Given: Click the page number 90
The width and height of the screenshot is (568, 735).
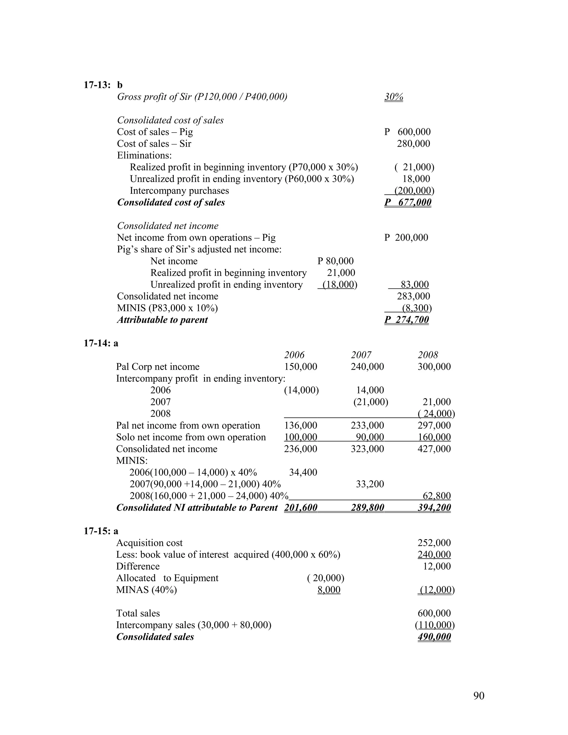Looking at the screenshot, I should tap(478, 695).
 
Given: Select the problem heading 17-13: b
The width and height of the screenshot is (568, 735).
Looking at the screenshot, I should tap(103, 85).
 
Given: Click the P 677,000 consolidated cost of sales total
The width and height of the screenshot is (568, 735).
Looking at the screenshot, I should tap(407, 202).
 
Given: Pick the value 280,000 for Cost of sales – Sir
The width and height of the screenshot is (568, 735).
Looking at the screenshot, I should tap(413, 144).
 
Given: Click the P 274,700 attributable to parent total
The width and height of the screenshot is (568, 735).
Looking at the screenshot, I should tap(407, 320).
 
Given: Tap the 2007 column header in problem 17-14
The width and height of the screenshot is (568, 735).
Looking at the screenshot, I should tap(361, 355).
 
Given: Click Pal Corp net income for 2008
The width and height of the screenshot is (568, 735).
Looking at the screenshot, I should tap(434, 366).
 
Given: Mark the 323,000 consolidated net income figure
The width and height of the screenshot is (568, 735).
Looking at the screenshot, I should tap(367, 448).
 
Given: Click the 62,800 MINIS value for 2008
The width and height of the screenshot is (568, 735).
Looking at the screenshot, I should tap(437, 496).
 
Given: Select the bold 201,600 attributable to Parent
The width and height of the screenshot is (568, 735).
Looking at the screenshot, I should tap(300, 508).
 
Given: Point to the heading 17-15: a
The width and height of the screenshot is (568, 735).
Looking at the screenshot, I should tap(101, 531).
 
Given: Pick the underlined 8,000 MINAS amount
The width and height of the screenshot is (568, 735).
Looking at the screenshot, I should tap(329, 590).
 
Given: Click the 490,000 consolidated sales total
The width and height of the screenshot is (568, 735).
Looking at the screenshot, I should tap(434, 637).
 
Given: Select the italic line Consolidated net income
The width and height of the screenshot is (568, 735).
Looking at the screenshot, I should tap(168, 226).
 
